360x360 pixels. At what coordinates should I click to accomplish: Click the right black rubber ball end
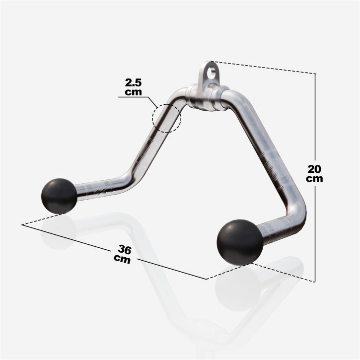240,242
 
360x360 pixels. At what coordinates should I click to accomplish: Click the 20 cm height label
314,173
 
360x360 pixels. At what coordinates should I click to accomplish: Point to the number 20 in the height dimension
314,168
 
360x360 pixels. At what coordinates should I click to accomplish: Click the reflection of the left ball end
59,232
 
